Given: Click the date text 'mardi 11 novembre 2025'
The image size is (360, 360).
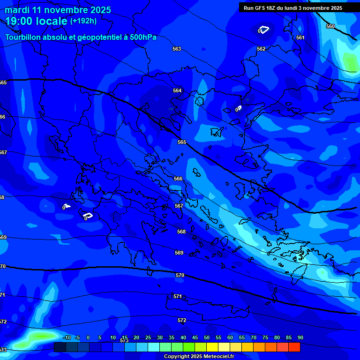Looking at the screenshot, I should point(58,10).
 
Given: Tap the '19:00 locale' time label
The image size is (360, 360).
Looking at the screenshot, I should point(36,21).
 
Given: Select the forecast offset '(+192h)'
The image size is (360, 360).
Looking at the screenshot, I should point(83,21).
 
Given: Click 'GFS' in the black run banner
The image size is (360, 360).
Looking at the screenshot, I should point(262,8).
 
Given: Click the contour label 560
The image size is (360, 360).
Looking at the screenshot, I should point(330,27).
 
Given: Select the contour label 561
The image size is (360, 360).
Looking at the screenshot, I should point(300,37).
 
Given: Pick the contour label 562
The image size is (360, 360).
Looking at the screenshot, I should point(261,49).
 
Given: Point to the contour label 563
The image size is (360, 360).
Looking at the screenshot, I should point(177,49).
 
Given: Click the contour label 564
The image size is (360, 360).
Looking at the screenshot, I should point(177,90).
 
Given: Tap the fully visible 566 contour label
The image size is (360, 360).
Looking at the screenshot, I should point(178,179).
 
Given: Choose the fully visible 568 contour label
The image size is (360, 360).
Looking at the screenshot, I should point(181,232).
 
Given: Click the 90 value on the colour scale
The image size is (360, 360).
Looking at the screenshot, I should point(300,337).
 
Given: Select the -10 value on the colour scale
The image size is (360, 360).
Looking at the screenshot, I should point(67,337).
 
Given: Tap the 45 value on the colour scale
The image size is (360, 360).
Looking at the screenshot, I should point(195,337).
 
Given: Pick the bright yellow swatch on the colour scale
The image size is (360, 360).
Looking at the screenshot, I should point(212,347).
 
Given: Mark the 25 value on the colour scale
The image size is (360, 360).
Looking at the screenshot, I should point(148,337).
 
